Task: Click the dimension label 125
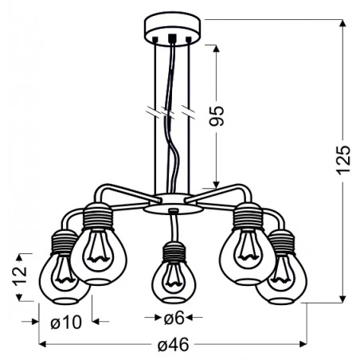(x=344, y=162)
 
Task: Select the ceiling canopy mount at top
(x=172, y=30)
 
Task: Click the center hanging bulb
(x=171, y=281)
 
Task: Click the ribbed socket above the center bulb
(x=171, y=253)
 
